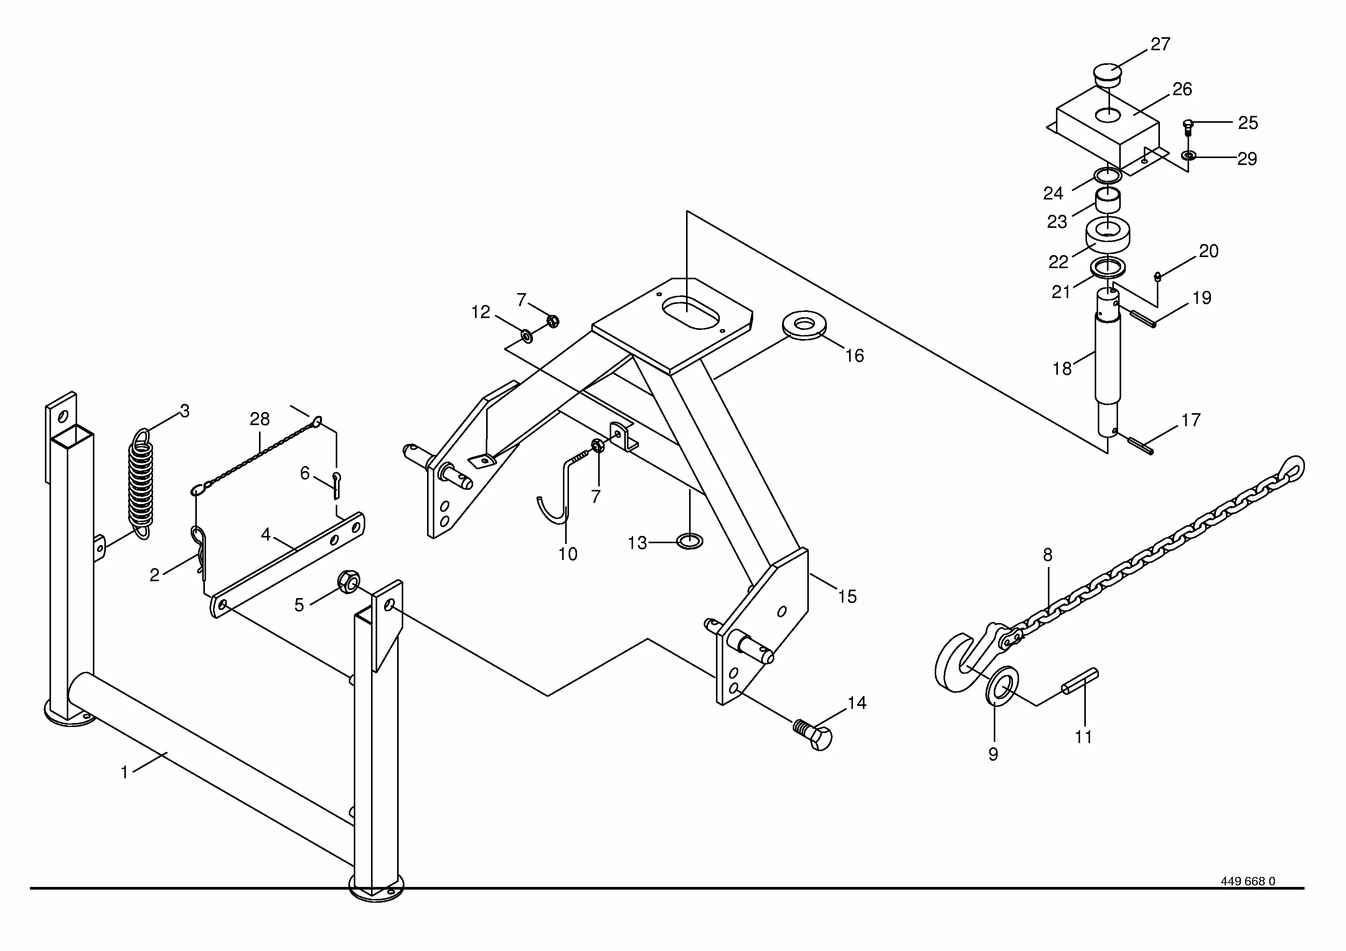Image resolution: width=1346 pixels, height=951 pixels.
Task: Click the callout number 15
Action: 847,597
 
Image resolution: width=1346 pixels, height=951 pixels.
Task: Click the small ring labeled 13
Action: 689,541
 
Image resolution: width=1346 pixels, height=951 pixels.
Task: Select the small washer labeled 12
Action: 526,336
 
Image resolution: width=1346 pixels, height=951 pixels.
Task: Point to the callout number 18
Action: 1062,369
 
